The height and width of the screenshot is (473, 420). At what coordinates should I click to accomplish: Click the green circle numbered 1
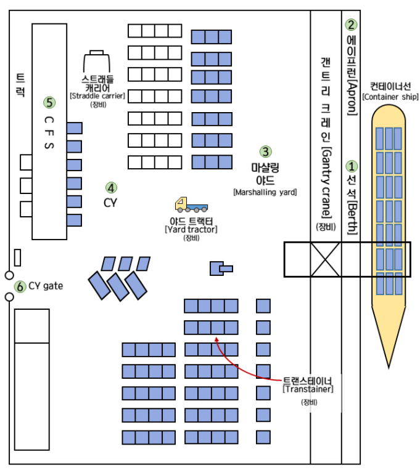pos(352,166)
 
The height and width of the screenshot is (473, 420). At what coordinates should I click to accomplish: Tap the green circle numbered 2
pos(352,25)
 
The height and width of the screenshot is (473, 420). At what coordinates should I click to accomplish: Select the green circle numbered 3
pos(265,151)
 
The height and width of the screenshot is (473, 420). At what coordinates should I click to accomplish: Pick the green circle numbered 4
pos(111,187)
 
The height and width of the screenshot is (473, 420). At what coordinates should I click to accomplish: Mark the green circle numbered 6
pos(20,286)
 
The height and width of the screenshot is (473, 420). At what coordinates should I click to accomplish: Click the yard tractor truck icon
pos(191,205)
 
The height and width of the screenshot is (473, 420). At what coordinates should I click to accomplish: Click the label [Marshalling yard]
pos(265,192)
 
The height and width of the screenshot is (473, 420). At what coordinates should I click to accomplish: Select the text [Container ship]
pos(390,97)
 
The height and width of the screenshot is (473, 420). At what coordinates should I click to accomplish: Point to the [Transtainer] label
pos(308,389)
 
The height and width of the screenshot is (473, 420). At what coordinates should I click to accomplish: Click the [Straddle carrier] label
pos(97,95)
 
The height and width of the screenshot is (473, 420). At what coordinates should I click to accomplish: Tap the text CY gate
pos(46,286)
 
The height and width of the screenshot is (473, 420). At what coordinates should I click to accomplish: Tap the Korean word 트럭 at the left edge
pos(20,86)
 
